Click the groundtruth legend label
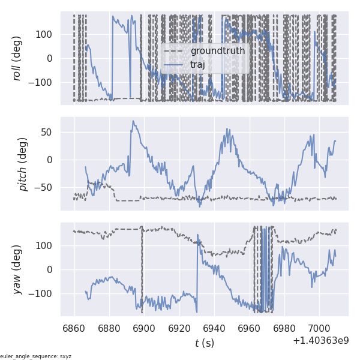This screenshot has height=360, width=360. (217, 50)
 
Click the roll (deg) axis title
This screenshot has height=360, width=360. (17, 58)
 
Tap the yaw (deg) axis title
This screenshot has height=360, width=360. (17, 269)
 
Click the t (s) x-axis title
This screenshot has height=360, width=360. (204, 343)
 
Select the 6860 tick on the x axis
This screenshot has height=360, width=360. (74, 328)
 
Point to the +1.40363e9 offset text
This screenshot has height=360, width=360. (320, 341)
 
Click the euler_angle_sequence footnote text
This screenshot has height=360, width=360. (36, 356)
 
